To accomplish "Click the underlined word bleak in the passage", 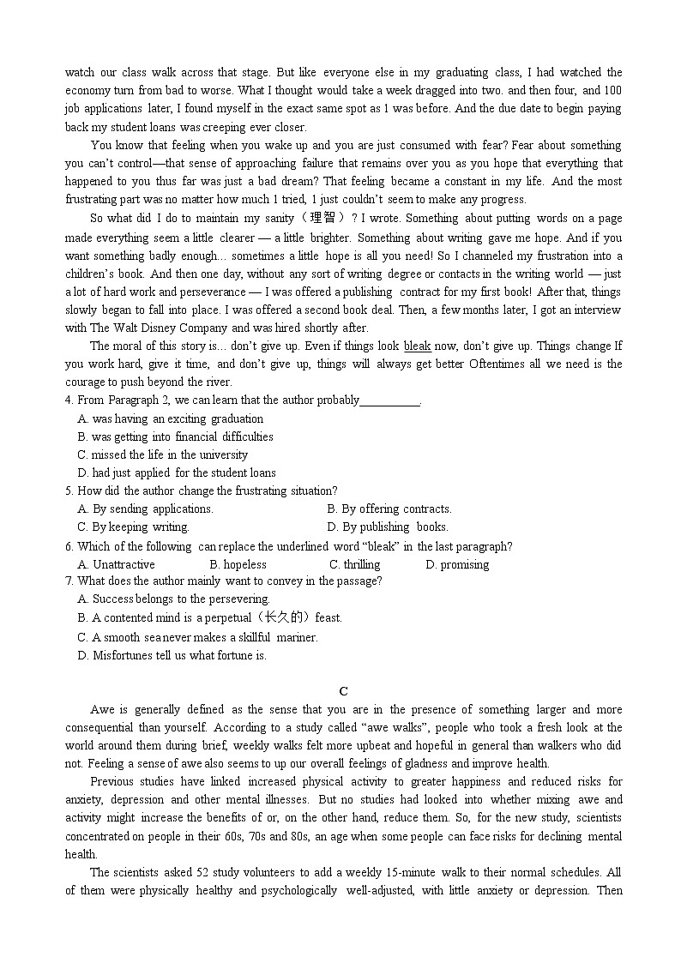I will [x=417, y=346].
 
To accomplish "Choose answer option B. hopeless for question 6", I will [x=238, y=564].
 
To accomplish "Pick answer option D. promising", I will [x=457, y=564].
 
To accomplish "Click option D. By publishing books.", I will [x=388, y=527].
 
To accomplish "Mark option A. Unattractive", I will [x=116, y=564].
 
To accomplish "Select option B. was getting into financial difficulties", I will [x=175, y=436].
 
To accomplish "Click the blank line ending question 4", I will [x=390, y=400].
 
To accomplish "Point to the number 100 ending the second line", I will [x=612, y=91].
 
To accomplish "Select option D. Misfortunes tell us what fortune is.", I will [x=172, y=656].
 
